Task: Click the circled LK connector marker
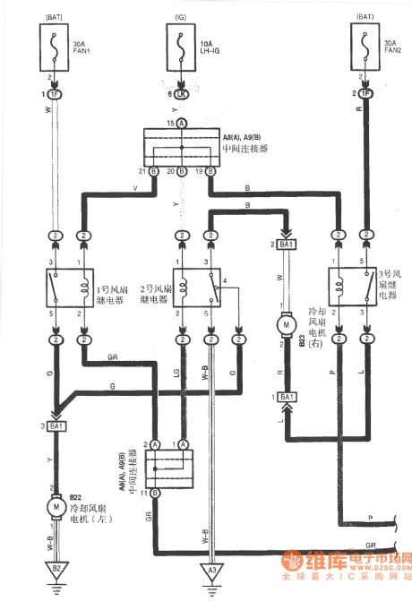click(x=182, y=92)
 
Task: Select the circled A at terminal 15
click(x=182, y=122)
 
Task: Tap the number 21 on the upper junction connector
click(x=142, y=171)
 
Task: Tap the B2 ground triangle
click(x=53, y=568)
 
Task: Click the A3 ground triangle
click(x=211, y=568)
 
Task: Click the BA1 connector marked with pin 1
click(x=286, y=396)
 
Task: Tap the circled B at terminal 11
click(x=154, y=493)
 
